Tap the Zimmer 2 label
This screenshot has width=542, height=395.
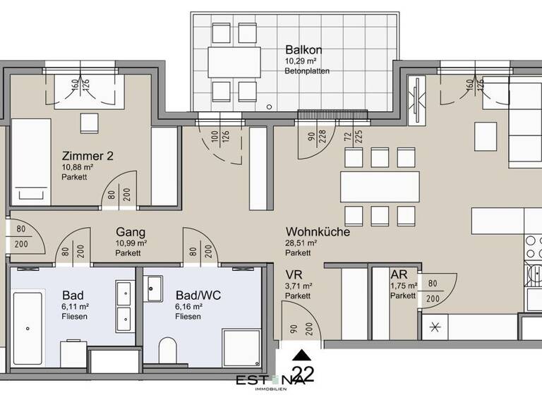pos(88,156)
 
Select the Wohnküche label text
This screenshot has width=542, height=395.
pos(318,231)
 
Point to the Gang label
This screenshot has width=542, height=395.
pos(131,231)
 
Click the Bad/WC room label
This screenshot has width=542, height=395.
pos(198,295)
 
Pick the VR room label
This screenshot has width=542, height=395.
pos(294,275)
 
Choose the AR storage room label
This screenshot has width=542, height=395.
pos(399,275)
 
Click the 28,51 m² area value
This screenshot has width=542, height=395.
pos(301,243)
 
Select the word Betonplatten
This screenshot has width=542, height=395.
pos(308,71)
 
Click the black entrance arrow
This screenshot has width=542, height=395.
pos(301,355)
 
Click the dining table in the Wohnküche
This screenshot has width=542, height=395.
pos(375,187)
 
